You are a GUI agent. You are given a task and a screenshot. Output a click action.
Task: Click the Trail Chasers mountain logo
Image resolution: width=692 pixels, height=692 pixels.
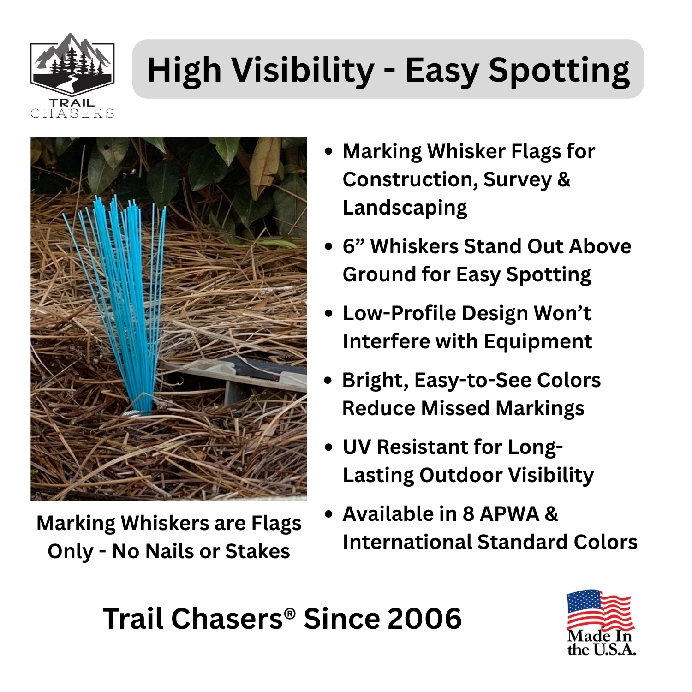tap(72, 65)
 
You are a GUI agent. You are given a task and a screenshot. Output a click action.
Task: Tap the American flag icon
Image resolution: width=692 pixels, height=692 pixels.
tap(600, 610)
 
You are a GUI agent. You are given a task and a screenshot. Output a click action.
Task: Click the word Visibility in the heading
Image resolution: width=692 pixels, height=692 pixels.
tap(303, 70)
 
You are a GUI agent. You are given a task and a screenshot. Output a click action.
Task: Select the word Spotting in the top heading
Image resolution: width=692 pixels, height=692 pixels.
tap(559, 70)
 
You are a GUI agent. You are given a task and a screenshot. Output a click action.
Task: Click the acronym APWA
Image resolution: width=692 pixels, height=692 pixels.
tap(509, 514)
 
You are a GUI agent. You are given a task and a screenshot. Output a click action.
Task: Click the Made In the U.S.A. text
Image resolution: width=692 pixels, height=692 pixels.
tap(601, 643)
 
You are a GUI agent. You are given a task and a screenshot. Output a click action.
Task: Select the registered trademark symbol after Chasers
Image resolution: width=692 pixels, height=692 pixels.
tap(290, 613)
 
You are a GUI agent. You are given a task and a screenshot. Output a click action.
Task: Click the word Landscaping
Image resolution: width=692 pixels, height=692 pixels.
tap(405, 208)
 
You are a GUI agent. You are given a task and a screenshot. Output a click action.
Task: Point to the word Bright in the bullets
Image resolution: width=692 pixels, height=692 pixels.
tap(375, 381)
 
